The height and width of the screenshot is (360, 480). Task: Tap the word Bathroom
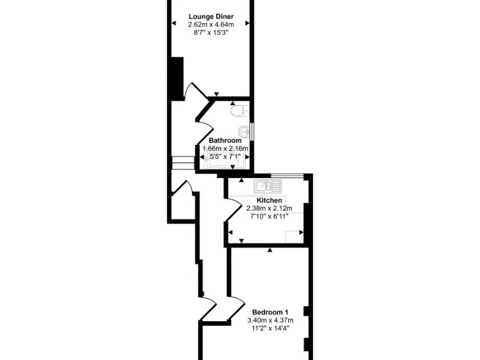click(225, 141)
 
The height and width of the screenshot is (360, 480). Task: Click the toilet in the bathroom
click(238, 112)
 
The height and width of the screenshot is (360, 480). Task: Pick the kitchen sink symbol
click(267, 186)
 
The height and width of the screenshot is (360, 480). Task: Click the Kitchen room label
click(269, 201)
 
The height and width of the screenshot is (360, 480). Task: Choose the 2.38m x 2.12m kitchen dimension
click(269, 208)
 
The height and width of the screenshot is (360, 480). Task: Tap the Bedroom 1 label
click(270, 312)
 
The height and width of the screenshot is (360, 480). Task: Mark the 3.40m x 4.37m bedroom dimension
click(270, 320)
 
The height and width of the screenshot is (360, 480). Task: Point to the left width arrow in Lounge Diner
click(173, 24)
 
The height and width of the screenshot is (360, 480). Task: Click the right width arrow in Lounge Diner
click(247, 24)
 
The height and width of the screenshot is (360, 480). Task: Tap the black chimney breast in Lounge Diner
click(177, 78)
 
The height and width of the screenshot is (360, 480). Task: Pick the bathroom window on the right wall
click(252, 133)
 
